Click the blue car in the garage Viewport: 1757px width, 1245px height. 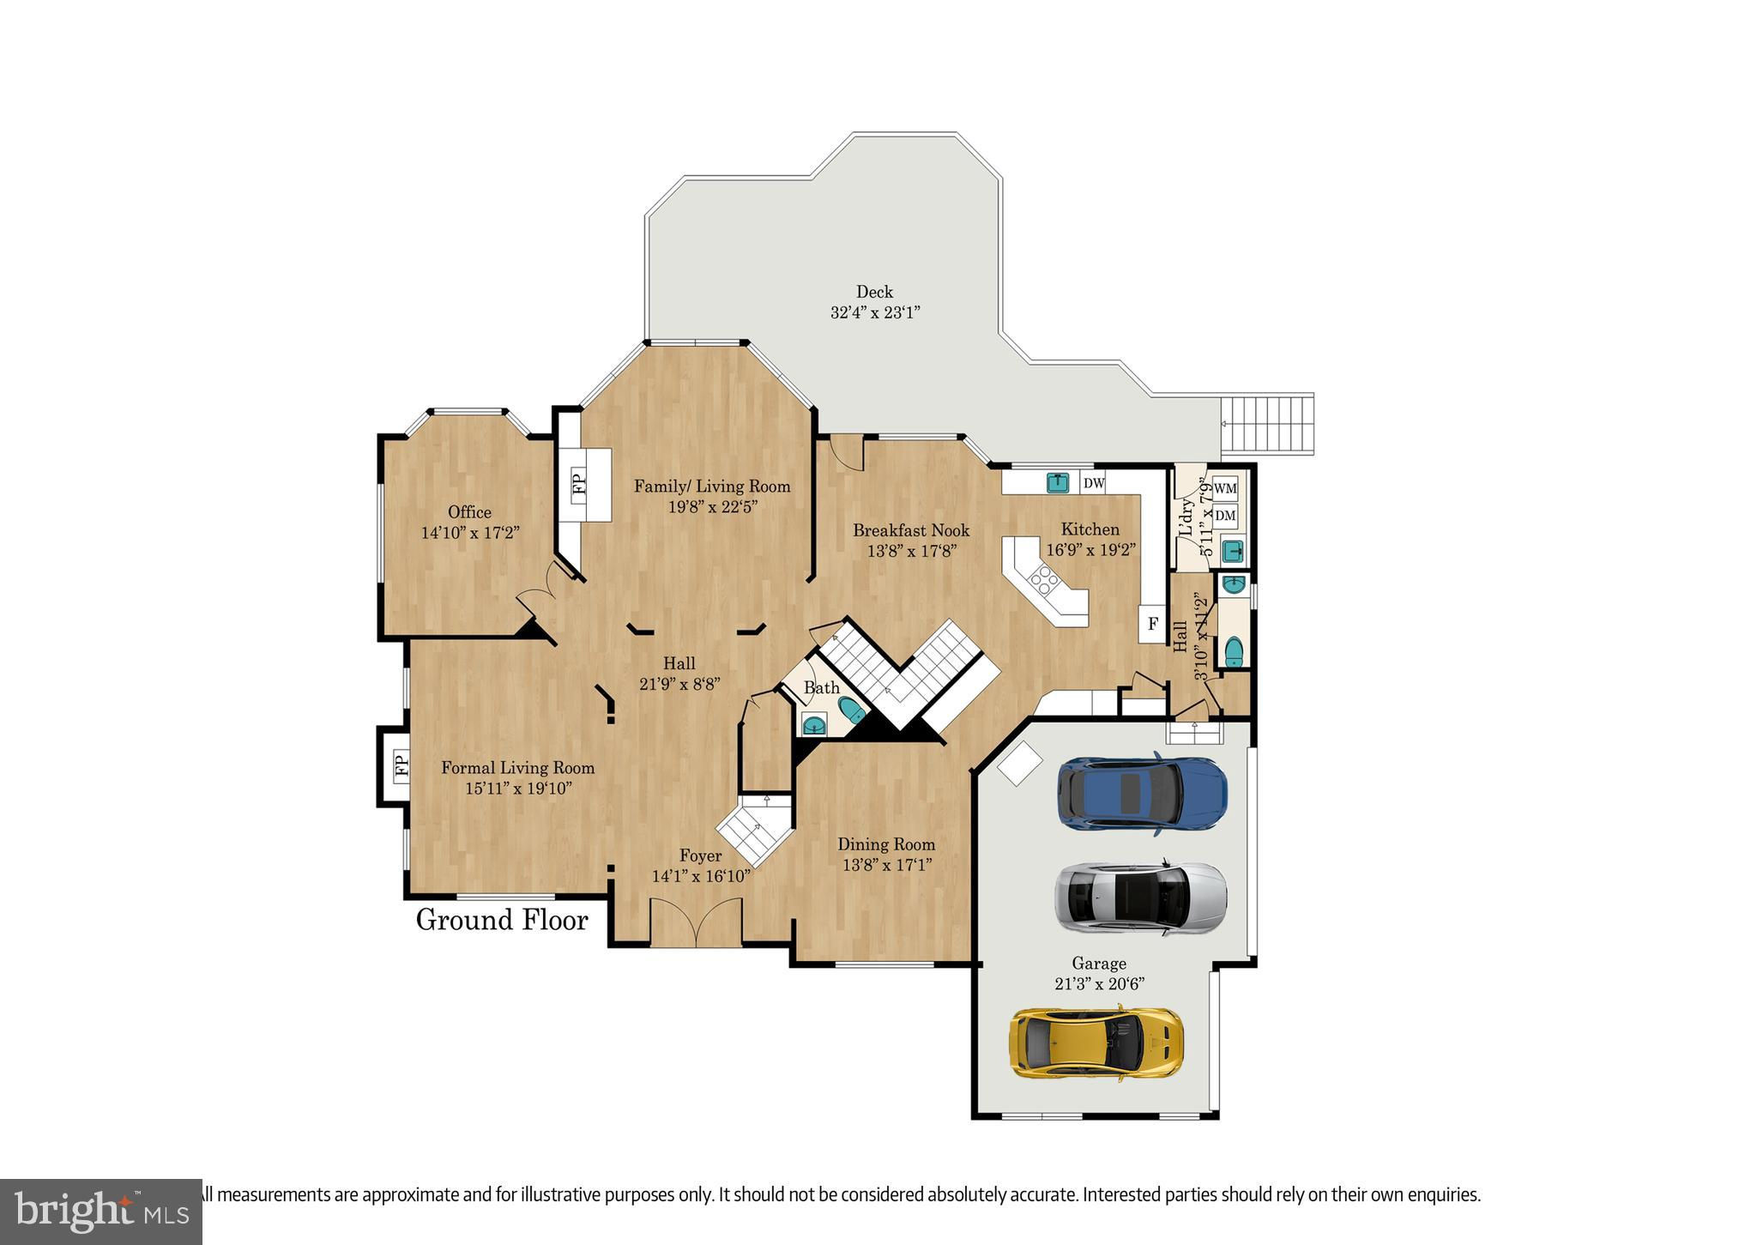point(1142,794)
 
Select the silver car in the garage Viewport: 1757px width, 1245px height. point(1140,897)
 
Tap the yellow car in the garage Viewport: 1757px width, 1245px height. point(1096,1043)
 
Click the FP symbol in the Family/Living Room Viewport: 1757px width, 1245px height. point(578,485)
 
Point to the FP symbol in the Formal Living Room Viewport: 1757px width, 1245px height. point(400,765)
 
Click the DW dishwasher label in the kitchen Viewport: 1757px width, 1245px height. point(1093,483)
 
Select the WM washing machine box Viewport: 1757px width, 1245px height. point(1226,488)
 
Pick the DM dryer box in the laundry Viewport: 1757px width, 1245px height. point(1226,516)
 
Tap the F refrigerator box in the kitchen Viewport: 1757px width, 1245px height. point(1152,624)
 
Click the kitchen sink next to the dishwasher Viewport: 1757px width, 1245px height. point(1059,482)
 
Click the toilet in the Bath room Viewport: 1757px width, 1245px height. point(850,710)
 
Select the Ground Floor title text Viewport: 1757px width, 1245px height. point(502,921)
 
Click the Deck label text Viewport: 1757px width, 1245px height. point(874,292)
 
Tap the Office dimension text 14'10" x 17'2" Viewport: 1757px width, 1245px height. point(470,533)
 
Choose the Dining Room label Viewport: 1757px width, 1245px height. point(886,844)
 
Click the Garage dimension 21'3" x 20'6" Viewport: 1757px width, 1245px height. point(1099,984)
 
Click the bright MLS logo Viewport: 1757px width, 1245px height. point(101,1212)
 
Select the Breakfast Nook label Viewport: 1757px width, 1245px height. point(911,530)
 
